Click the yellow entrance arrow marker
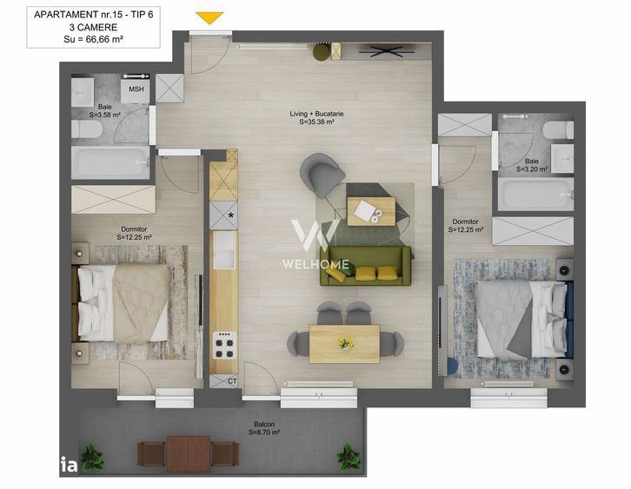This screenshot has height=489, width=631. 209,17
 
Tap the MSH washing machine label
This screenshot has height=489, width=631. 136,89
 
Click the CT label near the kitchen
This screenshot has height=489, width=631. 232,380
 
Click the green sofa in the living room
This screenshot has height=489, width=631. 365,265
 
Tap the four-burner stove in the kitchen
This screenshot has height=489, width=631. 224,347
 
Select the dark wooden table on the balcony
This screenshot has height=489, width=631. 189,453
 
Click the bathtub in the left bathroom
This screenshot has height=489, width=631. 110,162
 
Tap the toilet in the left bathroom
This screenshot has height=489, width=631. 86,129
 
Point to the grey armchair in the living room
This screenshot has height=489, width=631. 322,173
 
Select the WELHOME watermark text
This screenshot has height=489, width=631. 315,264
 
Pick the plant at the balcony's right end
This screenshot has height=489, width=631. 349,455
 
